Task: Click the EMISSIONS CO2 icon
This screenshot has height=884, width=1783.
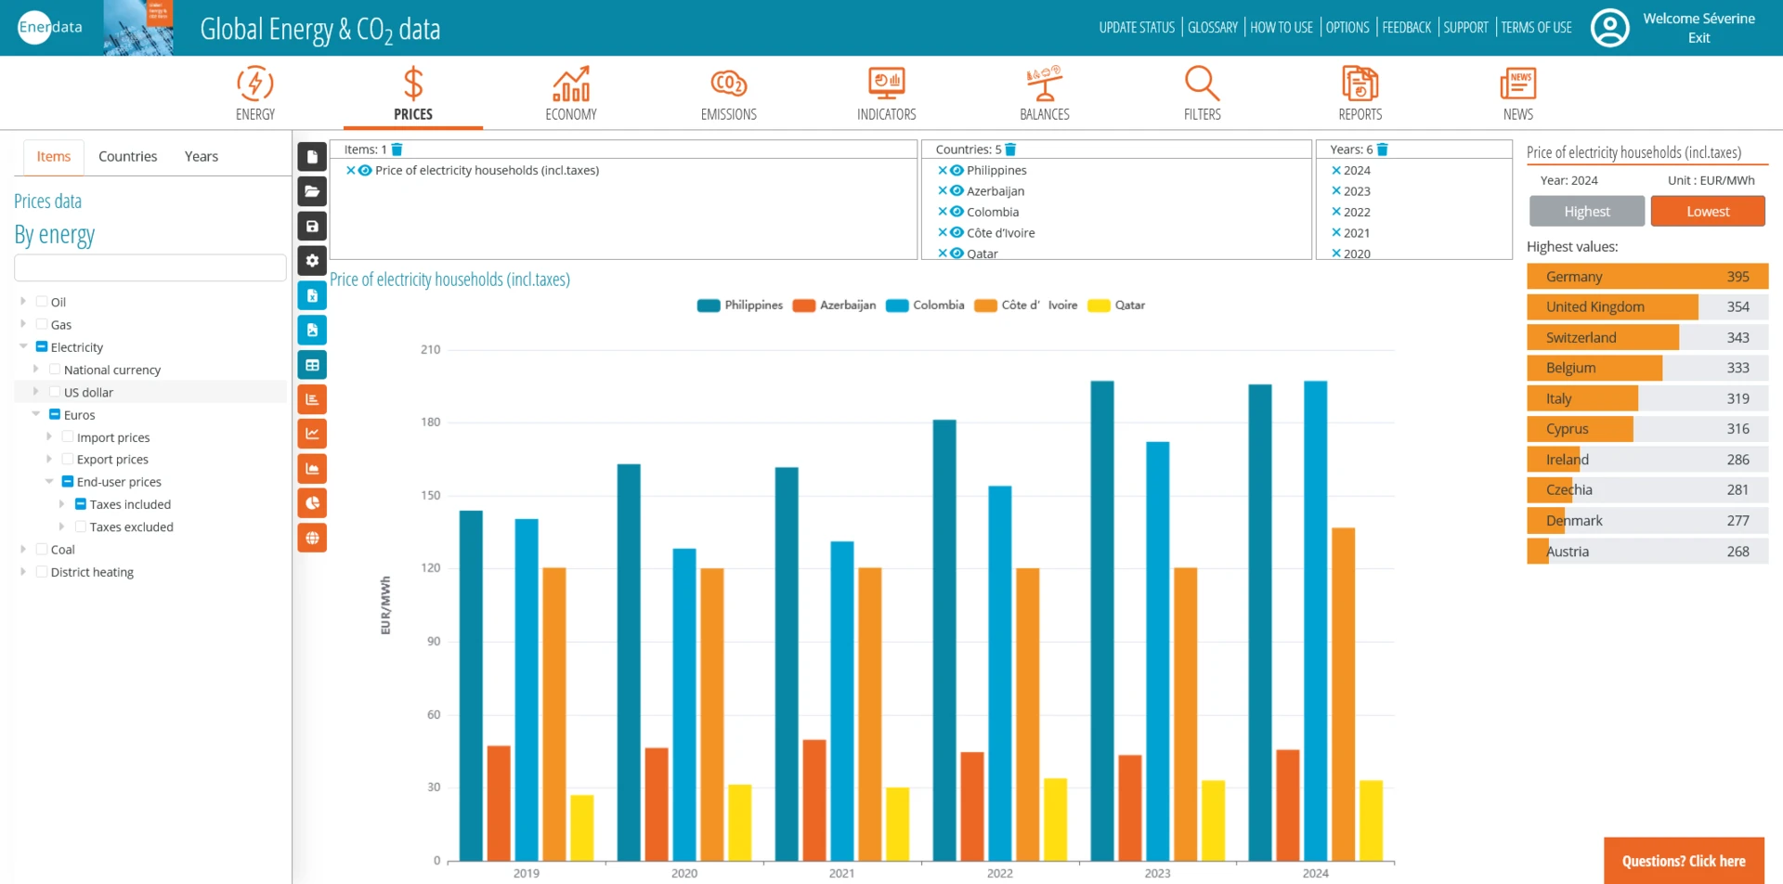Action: [728, 84]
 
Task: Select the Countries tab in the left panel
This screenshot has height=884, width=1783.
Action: [127, 156]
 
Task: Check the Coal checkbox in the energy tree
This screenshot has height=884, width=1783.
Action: [42, 550]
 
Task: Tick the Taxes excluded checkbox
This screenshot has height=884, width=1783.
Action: [81, 526]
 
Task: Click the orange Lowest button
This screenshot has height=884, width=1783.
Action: [1707, 212]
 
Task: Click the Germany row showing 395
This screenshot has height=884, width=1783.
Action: [1646, 277]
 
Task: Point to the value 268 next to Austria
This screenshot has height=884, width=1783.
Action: [1737, 552]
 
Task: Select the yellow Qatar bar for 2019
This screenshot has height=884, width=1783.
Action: [582, 827]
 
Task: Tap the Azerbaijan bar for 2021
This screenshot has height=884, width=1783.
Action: [813, 799]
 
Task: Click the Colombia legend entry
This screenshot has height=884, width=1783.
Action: [926, 305]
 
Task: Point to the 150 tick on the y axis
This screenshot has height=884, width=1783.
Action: [431, 495]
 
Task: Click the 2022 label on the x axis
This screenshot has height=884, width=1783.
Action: [999, 873]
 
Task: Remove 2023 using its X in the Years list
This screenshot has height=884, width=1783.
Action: [1335, 191]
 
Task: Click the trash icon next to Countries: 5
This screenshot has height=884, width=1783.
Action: [1011, 149]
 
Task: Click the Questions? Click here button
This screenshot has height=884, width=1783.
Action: [1683, 861]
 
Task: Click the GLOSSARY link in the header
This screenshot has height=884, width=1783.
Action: [1212, 28]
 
